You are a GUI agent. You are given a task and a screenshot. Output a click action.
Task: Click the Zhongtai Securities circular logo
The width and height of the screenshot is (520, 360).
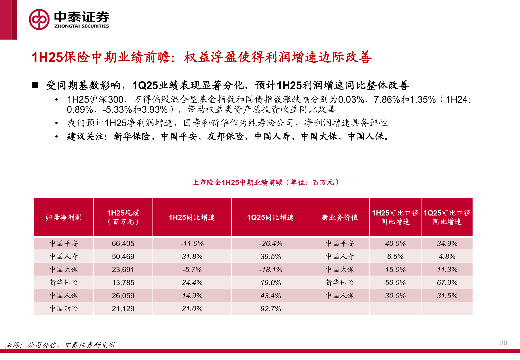coord(39,19)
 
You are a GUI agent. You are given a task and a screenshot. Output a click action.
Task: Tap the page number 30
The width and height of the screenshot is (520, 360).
coord(503,343)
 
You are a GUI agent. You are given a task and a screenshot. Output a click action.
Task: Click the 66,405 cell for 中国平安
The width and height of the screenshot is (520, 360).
coord(123,244)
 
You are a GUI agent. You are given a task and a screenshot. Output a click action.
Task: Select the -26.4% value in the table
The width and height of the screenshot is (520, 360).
coord(270,244)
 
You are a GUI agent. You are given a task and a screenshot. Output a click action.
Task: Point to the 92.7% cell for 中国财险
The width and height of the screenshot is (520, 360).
coord(270,309)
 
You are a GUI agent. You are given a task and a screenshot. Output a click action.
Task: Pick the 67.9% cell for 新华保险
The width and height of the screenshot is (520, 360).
coord(447,283)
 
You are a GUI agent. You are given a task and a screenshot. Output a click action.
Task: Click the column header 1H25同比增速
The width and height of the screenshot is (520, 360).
coord(192,218)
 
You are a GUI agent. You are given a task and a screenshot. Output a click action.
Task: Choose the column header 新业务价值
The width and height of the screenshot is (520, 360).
coord(339,218)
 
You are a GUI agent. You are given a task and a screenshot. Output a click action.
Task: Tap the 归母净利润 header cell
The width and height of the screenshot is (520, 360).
coord(64,218)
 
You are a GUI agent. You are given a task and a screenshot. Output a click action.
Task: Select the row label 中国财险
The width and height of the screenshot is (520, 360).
coord(64,309)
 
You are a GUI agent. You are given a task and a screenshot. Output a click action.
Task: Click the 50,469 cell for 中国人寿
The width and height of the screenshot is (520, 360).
coord(123,257)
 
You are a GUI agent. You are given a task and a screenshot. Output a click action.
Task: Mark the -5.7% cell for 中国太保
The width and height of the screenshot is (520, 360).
coord(192,270)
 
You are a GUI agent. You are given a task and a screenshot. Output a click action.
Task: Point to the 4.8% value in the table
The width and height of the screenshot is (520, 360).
coord(447,257)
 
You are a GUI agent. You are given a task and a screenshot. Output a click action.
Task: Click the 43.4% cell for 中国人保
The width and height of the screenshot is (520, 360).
coord(270,296)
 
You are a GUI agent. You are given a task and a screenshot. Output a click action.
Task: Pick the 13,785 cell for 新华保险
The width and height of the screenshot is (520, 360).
coord(123,283)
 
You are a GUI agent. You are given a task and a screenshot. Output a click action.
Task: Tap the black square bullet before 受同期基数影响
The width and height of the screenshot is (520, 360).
coord(35,85)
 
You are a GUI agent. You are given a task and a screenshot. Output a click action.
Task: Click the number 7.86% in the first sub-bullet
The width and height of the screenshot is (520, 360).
coord(387,100)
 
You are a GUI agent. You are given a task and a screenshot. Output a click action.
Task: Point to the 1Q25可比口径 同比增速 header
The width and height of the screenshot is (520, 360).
coord(447,217)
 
